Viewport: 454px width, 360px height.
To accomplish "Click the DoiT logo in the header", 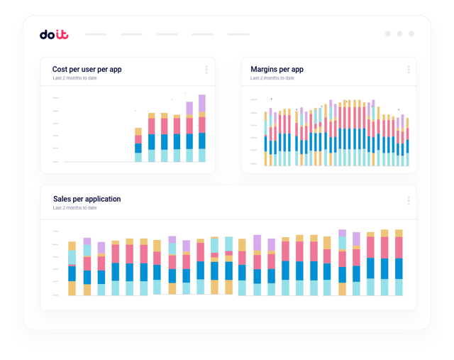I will (54, 34).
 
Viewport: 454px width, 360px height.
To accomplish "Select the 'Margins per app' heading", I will (277, 70).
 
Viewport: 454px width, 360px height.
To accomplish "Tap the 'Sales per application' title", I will (87, 199).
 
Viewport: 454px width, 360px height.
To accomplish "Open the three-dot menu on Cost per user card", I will (206, 70).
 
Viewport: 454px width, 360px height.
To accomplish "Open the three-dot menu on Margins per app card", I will (409, 70).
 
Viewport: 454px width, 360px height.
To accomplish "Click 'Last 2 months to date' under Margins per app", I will (272, 78).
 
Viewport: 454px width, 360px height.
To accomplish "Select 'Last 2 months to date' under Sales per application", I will (74, 208).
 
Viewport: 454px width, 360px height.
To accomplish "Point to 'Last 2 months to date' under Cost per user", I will (74, 78).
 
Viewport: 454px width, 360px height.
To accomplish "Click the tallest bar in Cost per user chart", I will (202, 129).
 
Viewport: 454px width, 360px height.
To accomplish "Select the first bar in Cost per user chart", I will (139, 145).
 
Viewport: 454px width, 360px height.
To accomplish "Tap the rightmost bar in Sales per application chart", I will (399, 263).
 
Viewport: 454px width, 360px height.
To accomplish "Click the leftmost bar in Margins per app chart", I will (266, 138).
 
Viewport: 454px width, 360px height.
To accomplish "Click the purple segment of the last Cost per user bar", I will (202, 104).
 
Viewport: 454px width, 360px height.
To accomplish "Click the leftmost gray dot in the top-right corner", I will (387, 33).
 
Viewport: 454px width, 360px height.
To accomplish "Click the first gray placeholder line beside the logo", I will (96, 34).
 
